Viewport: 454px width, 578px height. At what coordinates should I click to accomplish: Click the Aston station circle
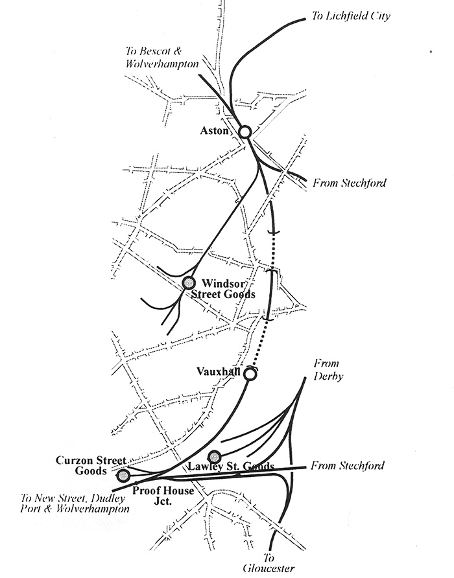point(245,132)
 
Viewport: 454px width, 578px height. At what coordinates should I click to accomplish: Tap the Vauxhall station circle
point(250,374)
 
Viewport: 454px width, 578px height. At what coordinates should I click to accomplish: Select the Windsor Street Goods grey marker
point(189,283)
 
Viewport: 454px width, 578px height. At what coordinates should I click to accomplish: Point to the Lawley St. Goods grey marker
point(215,457)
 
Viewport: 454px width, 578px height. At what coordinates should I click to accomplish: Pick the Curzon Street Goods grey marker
point(123,476)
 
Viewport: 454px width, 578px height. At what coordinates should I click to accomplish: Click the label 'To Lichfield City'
point(351,16)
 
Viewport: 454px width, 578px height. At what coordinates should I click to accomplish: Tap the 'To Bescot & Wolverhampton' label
point(161,58)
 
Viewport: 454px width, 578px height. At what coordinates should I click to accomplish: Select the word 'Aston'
point(214,130)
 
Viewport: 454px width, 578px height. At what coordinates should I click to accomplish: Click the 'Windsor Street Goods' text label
point(223,289)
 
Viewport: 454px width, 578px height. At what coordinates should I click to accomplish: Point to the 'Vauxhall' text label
point(219,371)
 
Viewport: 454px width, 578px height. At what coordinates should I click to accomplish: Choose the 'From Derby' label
point(328,370)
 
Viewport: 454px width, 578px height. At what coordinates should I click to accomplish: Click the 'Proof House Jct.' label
point(163,496)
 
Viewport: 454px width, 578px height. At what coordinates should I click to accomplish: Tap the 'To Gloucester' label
point(269,562)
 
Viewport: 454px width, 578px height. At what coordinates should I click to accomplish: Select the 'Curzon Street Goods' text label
point(91,465)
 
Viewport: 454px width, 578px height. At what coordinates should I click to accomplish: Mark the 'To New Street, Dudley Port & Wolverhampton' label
point(75,503)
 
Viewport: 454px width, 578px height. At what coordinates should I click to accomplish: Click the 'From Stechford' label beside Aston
point(349,183)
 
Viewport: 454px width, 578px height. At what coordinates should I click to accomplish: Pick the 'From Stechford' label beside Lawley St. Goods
point(347,465)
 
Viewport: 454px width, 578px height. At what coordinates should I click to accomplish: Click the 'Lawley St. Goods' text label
point(231,467)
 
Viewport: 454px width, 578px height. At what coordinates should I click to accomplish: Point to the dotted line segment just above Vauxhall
point(259,345)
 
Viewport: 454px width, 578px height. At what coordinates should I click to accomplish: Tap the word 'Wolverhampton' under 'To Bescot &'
point(161,64)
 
